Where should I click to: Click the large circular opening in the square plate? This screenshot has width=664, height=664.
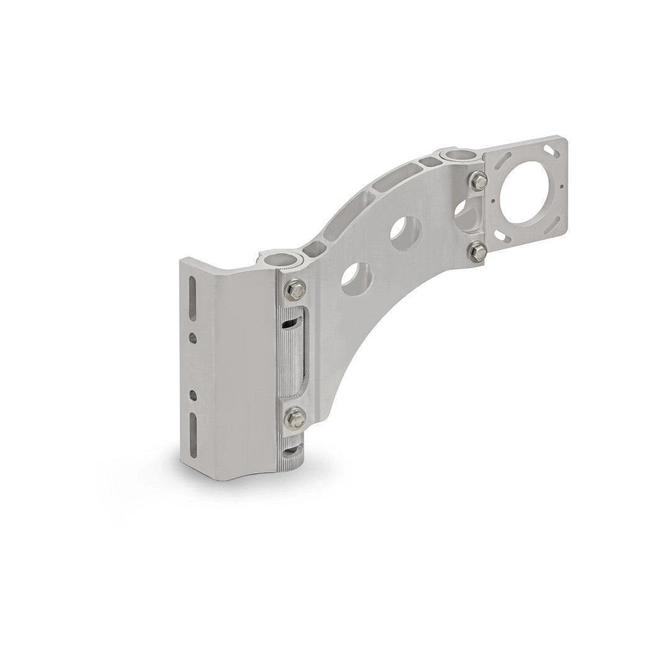pos(527,195)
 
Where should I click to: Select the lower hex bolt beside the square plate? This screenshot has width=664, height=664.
pos(477,251)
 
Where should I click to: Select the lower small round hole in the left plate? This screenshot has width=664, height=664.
pos(195,393)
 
